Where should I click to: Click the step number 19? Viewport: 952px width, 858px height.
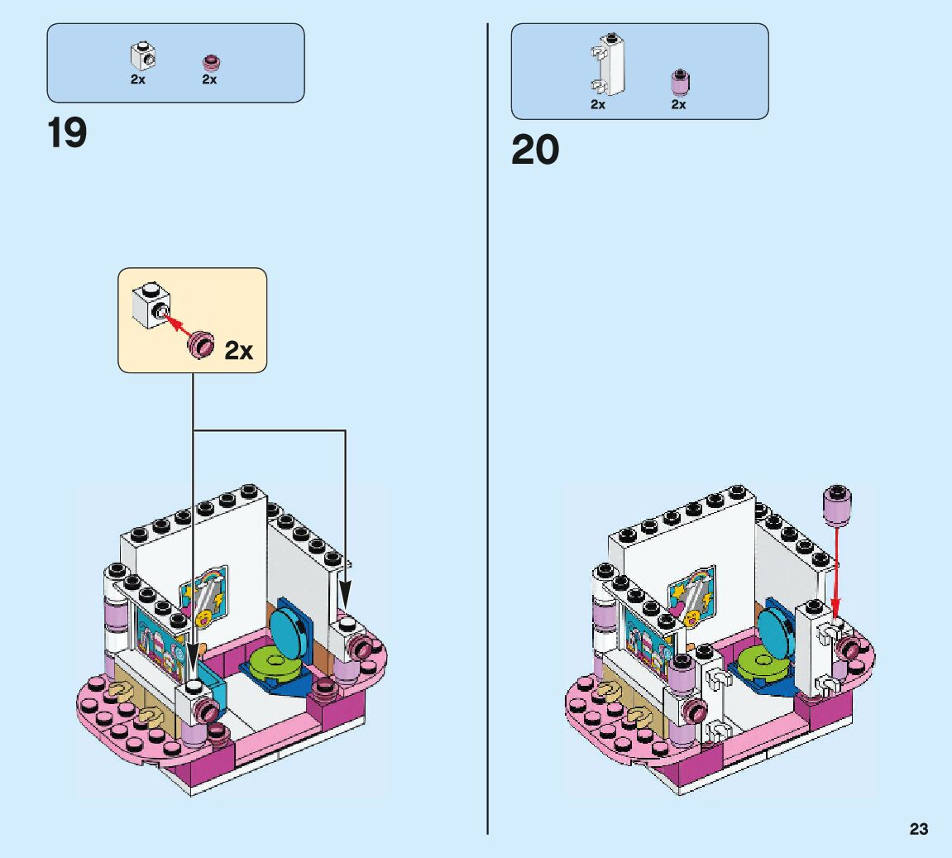tap(67, 133)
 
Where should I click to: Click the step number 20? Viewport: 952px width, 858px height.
tap(535, 150)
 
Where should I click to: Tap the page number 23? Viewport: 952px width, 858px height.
tap(919, 829)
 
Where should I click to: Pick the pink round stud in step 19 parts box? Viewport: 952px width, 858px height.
tap(210, 62)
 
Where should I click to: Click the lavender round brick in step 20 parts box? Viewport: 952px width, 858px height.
tap(679, 83)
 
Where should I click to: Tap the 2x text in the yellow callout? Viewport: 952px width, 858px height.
tap(238, 351)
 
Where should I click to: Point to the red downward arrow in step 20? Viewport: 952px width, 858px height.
tap(839, 571)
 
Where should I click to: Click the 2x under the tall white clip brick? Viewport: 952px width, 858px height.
tap(598, 104)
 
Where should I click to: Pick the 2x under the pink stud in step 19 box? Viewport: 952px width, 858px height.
tap(209, 79)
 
